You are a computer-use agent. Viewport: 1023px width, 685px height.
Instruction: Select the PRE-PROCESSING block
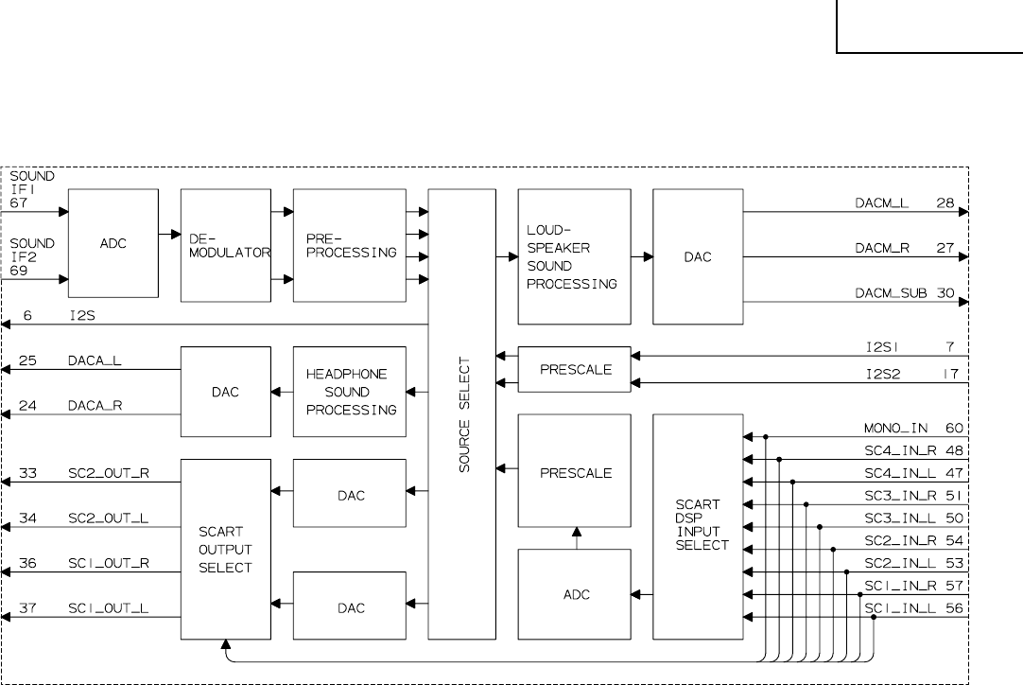[350, 245]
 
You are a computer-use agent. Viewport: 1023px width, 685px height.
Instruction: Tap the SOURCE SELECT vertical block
[462, 413]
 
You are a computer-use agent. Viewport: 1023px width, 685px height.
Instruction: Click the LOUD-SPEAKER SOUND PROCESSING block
[574, 256]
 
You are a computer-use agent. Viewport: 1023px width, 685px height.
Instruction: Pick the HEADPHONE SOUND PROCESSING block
[350, 392]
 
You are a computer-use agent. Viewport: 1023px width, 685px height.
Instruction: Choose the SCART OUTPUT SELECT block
[225, 549]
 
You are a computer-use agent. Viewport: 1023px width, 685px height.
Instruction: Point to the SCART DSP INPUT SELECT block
[698, 526]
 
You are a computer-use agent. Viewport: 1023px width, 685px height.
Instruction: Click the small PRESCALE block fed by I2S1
[574, 369]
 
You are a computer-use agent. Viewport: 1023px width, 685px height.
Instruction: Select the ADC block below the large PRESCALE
[574, 594]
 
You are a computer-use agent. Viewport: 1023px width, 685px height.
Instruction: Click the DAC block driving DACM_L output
[698, 256]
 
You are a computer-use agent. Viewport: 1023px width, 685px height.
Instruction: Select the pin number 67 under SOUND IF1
[20, 202]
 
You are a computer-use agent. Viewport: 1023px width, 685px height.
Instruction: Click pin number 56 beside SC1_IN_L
[953, 608]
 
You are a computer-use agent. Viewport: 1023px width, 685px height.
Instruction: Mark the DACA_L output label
[95, 360]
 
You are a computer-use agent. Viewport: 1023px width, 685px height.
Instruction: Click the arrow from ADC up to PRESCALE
[575, 537]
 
